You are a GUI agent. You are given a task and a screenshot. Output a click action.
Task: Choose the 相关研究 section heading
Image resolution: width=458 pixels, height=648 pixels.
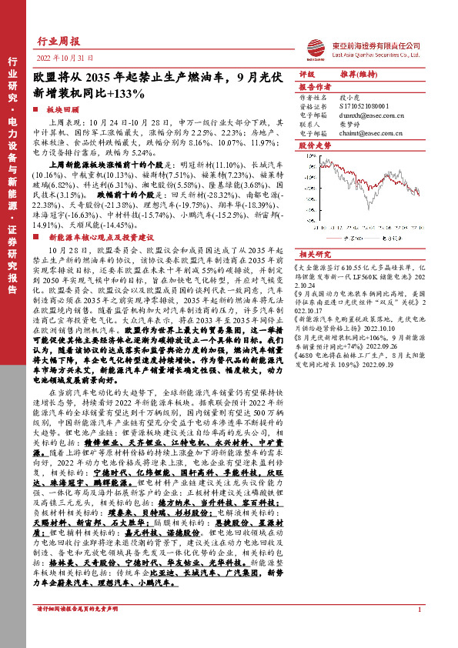(x=313, y=253)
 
